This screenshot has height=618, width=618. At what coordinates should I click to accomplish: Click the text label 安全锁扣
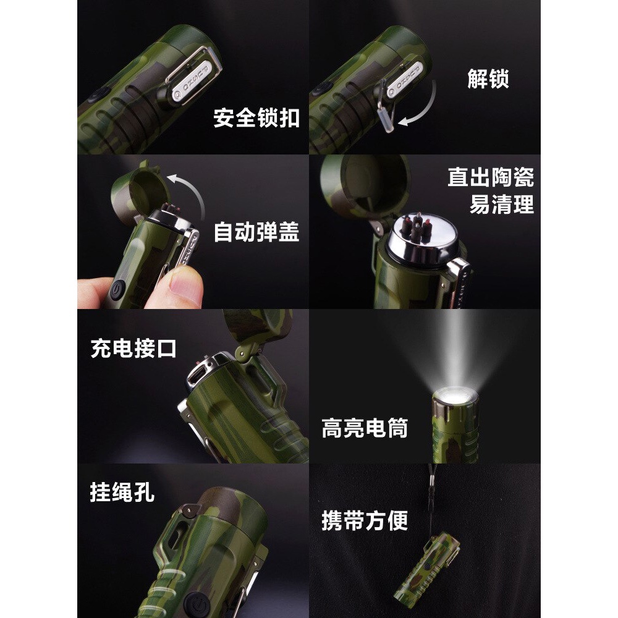[256, 117]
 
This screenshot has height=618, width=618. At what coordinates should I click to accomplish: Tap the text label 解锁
[488, 79]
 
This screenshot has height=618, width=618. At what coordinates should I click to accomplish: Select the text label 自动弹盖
[256, 232]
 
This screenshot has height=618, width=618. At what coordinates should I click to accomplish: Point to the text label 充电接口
[133, 348]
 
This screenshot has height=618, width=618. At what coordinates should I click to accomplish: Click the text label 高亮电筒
[365, 428]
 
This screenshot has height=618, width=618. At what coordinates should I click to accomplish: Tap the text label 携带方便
[365, 520]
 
